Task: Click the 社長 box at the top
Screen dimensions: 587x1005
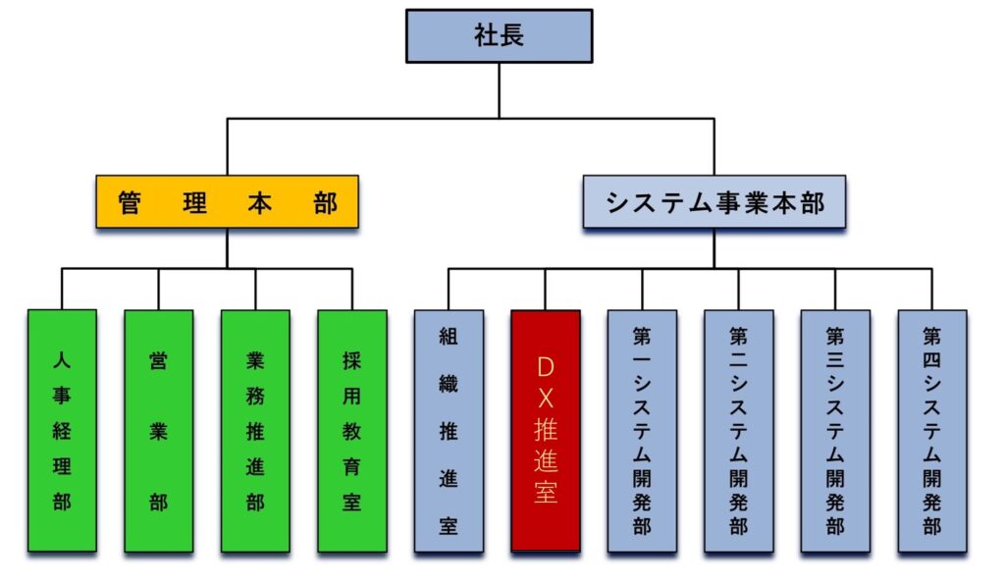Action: tap(500, 36)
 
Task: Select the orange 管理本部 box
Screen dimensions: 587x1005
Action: tap(227, 202)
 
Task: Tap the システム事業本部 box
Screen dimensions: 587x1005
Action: tap(714, 202)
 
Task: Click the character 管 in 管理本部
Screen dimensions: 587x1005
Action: tap(130, 203)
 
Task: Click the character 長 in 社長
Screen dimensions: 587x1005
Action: tap(513, 36)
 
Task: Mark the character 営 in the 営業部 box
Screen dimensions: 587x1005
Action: tap(158, 360)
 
